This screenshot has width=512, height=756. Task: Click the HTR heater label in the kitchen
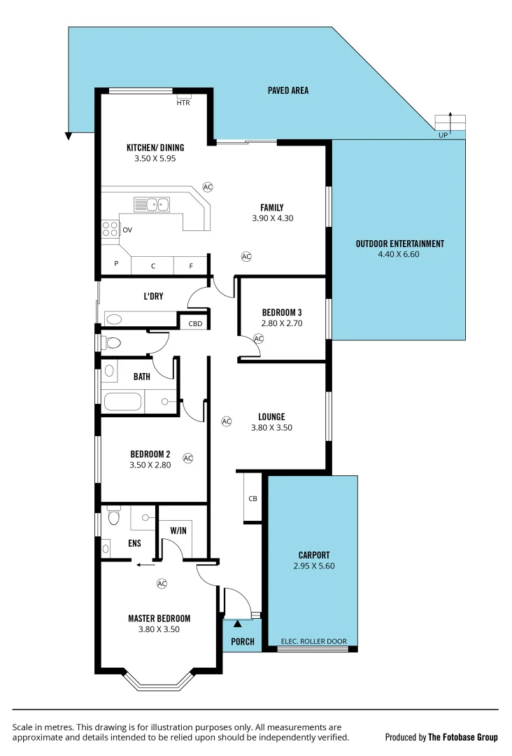[183, 102]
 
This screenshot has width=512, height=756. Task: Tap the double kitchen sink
[152, 204]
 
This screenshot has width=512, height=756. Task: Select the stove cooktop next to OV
[111, 230]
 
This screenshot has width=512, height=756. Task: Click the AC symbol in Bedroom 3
[258, 339]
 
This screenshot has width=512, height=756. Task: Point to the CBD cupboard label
[195, 323]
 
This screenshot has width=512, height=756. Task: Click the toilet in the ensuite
[114, 517]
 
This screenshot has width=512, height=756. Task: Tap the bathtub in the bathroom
[123, 402]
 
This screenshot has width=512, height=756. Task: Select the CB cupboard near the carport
[253, 498]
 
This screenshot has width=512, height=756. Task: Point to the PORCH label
[242, 642]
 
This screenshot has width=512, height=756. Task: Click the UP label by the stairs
[443, 135]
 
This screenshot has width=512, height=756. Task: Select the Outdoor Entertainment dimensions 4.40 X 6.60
[399, 255]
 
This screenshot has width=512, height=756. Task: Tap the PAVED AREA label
[287, 90]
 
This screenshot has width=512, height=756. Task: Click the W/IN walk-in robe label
[178, 531]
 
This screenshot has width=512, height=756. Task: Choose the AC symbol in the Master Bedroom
[162, 583]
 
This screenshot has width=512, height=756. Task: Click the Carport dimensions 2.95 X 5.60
[314, 566]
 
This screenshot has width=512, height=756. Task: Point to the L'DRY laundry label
[153, 297]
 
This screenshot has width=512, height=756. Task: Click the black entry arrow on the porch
[238, 623]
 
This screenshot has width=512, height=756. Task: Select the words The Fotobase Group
[462, 737]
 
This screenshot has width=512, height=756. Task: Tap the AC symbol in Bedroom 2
[187, 458]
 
